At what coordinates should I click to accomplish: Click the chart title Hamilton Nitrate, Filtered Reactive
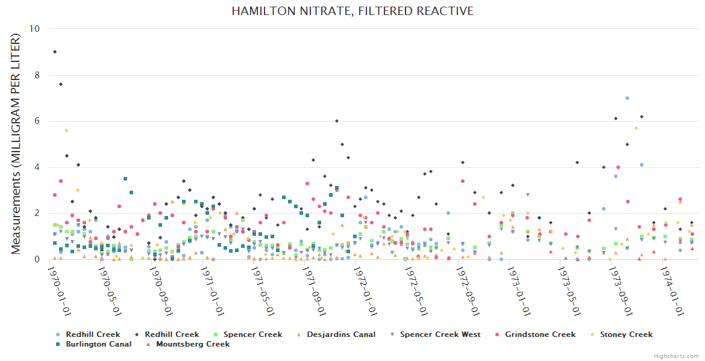click(x=352, y=11)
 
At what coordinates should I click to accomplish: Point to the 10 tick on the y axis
click(x=35, y=29)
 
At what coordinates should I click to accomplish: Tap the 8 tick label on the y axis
click(x=37, y=75)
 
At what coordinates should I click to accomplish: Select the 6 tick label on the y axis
click(x=37, y=121)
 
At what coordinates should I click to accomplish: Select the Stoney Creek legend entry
click(x=625, y=335)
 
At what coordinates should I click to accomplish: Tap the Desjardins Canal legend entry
click(x=341, y=335)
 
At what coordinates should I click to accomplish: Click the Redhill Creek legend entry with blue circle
click(x=93, y=335)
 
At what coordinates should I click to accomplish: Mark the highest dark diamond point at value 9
click(x=55, y=52)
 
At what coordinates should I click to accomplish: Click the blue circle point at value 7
click(x=627, y=98)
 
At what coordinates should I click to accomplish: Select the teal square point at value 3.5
click(x=125, y=179)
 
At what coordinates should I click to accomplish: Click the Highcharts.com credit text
click(x=676, y=356)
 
